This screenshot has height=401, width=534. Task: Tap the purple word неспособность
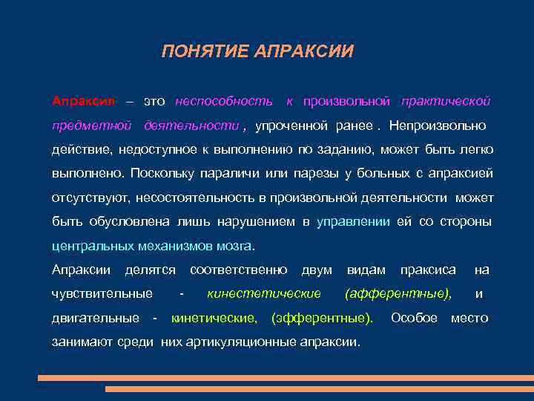[x=224, y=100]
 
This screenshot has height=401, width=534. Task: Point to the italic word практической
[x=446, y=100]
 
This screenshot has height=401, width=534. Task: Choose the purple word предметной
[x=91, y=125]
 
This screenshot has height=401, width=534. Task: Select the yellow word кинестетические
[x=264, y=294]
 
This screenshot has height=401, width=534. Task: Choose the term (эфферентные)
[x=323, y=318]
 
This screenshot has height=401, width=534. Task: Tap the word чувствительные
[x=102, y=294]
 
